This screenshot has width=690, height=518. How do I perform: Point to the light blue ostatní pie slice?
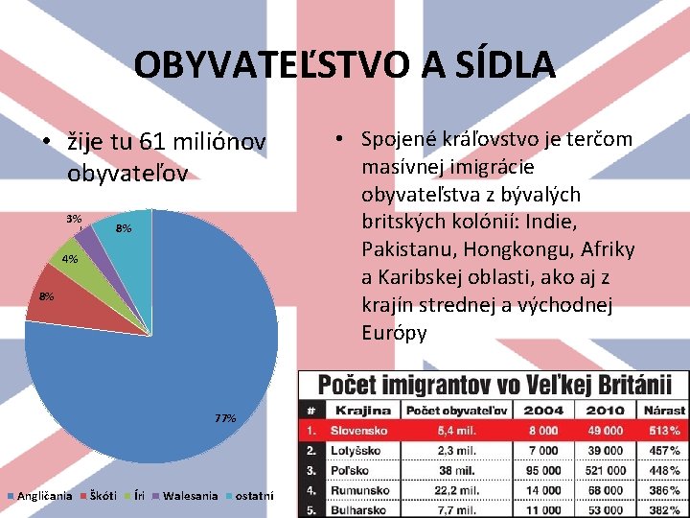click(x=125, y=240)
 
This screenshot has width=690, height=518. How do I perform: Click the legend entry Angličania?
click(x=44, y=496)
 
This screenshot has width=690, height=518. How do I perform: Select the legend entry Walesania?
click(x=191, y=496)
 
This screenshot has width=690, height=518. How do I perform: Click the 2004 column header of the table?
click(x=542, y=410)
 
